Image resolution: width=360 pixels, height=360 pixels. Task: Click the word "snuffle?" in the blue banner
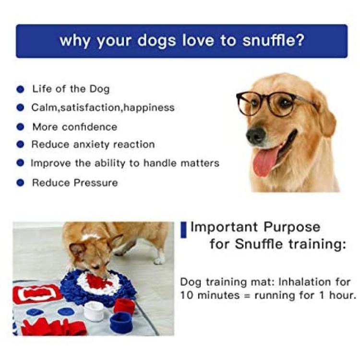(274, 40)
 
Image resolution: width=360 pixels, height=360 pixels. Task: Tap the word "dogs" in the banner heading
(156, 41)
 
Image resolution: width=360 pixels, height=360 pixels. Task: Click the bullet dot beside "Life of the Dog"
(21, 89)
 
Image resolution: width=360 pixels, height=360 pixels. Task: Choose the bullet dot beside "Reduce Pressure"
(21, 183)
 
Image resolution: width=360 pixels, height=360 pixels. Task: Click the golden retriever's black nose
(256, 135)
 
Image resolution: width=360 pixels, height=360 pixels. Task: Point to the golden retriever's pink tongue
(266, 161)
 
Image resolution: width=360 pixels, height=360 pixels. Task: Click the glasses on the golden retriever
(271, 103)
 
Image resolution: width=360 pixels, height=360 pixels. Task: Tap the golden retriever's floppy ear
(326, 115)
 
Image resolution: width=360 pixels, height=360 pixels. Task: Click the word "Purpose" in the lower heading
(291, 228)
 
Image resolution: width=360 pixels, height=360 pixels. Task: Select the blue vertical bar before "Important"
(183, 229)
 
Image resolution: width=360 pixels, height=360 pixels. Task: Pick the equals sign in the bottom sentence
(247, 296)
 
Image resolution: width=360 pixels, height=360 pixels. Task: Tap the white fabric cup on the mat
(94, 312)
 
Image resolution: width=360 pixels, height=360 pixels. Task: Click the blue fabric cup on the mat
(121, 323)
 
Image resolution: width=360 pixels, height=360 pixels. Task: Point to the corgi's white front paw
(159, 260)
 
